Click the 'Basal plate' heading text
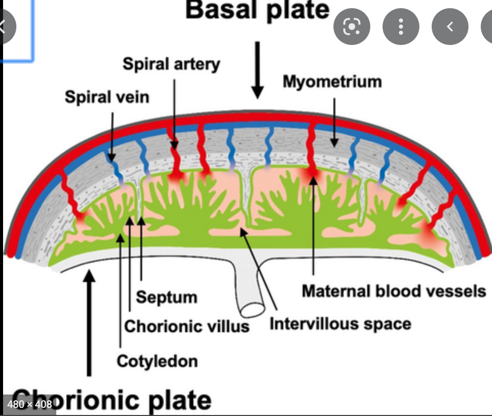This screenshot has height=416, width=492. coord(257,11)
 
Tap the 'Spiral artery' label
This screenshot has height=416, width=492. coord(171,64)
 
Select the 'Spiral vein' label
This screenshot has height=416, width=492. coord(107,97)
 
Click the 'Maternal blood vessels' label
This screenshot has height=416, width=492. coord(394,291)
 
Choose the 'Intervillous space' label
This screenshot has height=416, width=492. coord(340,323)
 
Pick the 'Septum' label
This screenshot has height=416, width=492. coord(167,297)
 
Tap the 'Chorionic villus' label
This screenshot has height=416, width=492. coord(187,326)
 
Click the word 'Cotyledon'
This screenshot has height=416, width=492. coord(157,361)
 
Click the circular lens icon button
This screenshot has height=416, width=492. coord(351,27)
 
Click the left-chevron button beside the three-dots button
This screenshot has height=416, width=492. coord(450,27)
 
